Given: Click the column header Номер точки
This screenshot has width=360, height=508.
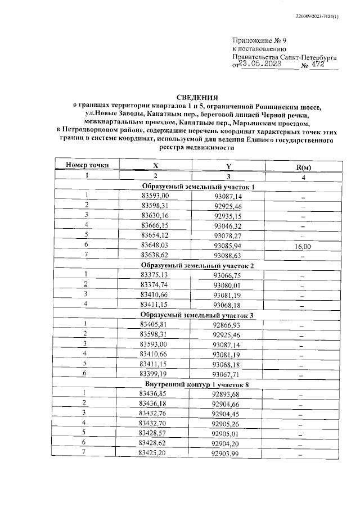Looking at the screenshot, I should (x=87, y=165).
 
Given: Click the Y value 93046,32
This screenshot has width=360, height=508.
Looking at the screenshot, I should (x=228, y=225).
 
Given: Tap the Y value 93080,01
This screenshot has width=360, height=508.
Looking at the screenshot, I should (x=228, y=285).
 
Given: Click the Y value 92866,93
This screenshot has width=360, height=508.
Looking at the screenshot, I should (x=228, y=325).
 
